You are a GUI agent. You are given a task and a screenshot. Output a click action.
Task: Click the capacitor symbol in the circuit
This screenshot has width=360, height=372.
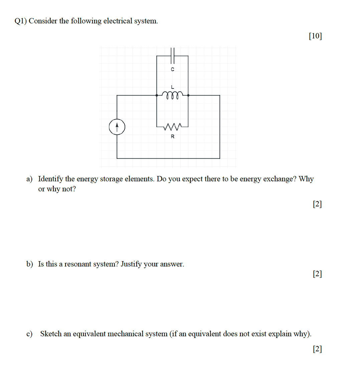[x=172, y=56]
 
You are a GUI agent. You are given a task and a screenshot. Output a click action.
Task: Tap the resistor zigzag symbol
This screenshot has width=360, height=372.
[x=172, y=127]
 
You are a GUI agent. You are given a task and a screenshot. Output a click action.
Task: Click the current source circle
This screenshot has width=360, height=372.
[x=117, y=127]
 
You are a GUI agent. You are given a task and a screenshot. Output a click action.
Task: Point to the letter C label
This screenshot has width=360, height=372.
[x=172, y=69]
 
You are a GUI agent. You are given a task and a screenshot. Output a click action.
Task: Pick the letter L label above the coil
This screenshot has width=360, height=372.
[x=172, y=86]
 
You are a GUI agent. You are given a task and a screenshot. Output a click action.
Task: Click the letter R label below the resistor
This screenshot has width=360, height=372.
[x=172, y=136]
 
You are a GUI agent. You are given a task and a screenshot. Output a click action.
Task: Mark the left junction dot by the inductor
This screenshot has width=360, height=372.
[x=157, y=95]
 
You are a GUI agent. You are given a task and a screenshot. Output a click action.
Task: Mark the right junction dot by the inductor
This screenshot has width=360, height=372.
[x=188, y=95]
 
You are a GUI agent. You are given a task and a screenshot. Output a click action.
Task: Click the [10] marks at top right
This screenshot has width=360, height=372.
[x=315, y=36]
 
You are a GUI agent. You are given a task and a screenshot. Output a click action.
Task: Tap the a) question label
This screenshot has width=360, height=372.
[x=29, y=179]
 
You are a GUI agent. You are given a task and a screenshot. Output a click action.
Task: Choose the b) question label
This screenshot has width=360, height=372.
[x=30, y=264]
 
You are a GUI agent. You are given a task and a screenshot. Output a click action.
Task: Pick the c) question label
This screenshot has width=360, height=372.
[x=29, y=334]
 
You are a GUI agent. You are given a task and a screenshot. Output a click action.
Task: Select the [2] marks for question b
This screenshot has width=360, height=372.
[x=317, y=274]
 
